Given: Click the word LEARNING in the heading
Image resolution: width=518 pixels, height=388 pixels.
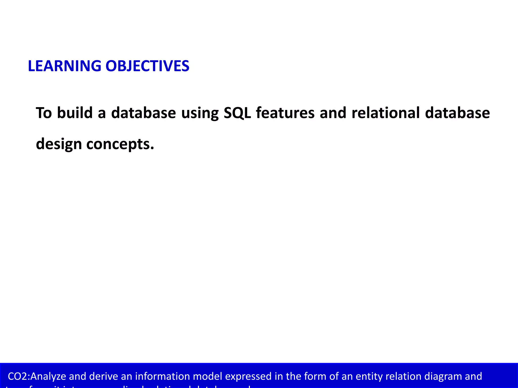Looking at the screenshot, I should (64, 66).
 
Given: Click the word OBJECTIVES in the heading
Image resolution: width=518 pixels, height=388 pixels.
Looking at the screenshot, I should (147, 66).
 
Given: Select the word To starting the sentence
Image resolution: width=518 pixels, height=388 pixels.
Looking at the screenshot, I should (44, 113).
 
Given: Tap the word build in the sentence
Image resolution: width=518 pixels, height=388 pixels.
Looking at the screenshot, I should (75, 113).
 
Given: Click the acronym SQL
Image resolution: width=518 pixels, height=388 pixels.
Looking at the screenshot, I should (237, 113).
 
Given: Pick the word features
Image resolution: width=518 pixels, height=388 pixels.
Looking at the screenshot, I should (285, 113).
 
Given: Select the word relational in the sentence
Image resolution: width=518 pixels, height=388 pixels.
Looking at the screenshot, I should (385, 113).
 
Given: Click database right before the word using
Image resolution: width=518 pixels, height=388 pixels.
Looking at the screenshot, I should (143, 113).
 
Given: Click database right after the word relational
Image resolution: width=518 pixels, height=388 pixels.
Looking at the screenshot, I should (457, 113).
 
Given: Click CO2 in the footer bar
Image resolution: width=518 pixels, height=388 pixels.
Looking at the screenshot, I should (17, 376).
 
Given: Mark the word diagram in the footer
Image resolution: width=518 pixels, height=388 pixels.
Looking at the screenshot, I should (443, 376).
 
